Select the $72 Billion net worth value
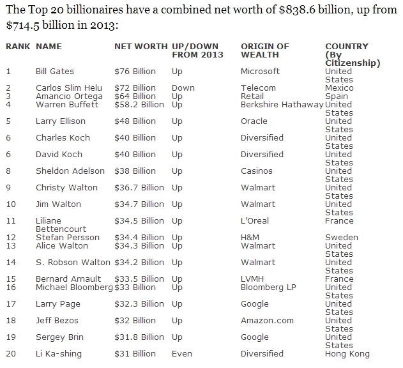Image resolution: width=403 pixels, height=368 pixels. click(135, 88)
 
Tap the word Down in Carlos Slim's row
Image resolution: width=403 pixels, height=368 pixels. click(183, 88)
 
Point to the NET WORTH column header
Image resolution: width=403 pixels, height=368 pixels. click(141, 47)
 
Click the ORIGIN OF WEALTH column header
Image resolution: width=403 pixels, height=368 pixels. click(265, 50)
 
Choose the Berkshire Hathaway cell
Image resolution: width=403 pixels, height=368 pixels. click(282, 104)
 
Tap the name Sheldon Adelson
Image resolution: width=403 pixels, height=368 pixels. click(70, 171)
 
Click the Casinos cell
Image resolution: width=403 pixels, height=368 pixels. click(257, 171)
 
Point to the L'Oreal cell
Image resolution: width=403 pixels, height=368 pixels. click(255, 220)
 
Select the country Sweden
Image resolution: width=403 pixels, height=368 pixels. click(342, 237)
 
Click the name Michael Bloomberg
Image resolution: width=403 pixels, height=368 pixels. click(73, 287)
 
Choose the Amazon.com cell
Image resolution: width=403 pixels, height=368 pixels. click(267, 320)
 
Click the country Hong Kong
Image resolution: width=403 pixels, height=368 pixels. click(347, 353)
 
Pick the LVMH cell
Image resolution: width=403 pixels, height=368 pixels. click(252, 279)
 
